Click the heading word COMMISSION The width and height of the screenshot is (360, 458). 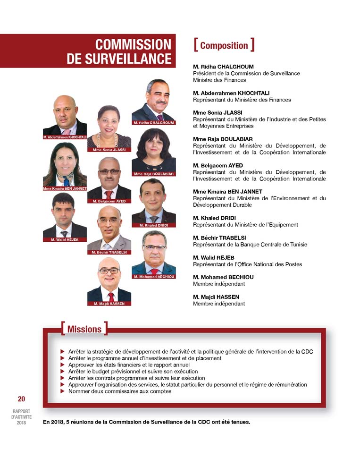(133, 44)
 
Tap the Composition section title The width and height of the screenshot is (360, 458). (224, 45)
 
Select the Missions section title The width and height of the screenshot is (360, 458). (84, 329)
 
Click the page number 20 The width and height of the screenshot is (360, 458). (22, 399)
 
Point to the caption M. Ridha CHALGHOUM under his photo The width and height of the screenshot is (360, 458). (154, 123)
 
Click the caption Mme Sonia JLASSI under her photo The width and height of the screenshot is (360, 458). (109, 150)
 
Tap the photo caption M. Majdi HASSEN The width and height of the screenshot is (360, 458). (109, 304)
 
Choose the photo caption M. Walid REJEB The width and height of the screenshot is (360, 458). (65, 240)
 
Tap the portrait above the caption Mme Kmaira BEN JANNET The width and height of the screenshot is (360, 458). (65, 165)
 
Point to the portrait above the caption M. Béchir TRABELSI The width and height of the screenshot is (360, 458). (109, 229)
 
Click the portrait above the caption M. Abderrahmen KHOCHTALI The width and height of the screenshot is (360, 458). (65, 115)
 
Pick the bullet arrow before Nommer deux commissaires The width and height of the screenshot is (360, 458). (63, 391)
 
